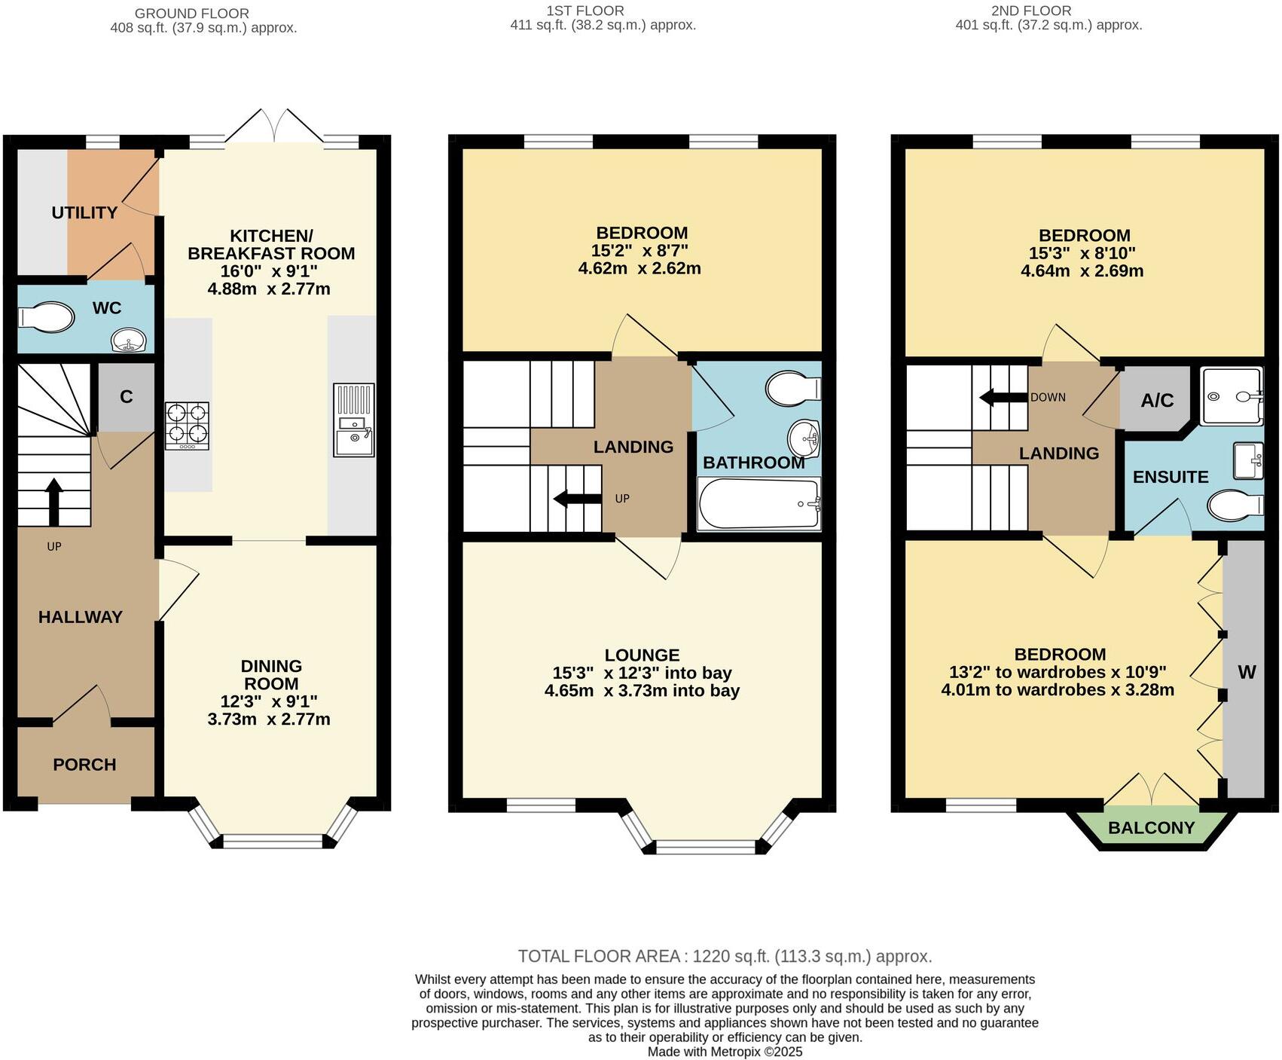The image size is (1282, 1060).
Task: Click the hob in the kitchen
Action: [x=187, y=425]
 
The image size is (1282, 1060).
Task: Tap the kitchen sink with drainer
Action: [x=353, y=420]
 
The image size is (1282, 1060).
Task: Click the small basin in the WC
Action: [x=129, y=341]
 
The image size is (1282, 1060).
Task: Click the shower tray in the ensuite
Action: [x=1231, y=396]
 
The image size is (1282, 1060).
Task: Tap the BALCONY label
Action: [x=1151, y=828]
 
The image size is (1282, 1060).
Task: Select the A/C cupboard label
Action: [x=1156, y=400]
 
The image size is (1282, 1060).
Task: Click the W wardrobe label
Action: [x=1247, y=672]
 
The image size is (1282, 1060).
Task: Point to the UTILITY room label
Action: [x=84, y=213]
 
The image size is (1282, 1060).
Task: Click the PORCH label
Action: [x=84, y=765]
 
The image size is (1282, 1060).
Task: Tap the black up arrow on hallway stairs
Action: [x=54, y=501]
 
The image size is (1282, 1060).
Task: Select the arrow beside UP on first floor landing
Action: [x=576, y=498]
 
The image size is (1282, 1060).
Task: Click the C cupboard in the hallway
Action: [x=126, y=397]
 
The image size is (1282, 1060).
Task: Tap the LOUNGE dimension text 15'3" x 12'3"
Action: [x=642, y=673]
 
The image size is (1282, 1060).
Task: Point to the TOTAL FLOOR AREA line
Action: [x=725, y=956]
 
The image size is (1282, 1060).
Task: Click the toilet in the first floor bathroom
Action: [x=792, y=389]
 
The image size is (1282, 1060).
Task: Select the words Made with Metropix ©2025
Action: [x=725, y=1052]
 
